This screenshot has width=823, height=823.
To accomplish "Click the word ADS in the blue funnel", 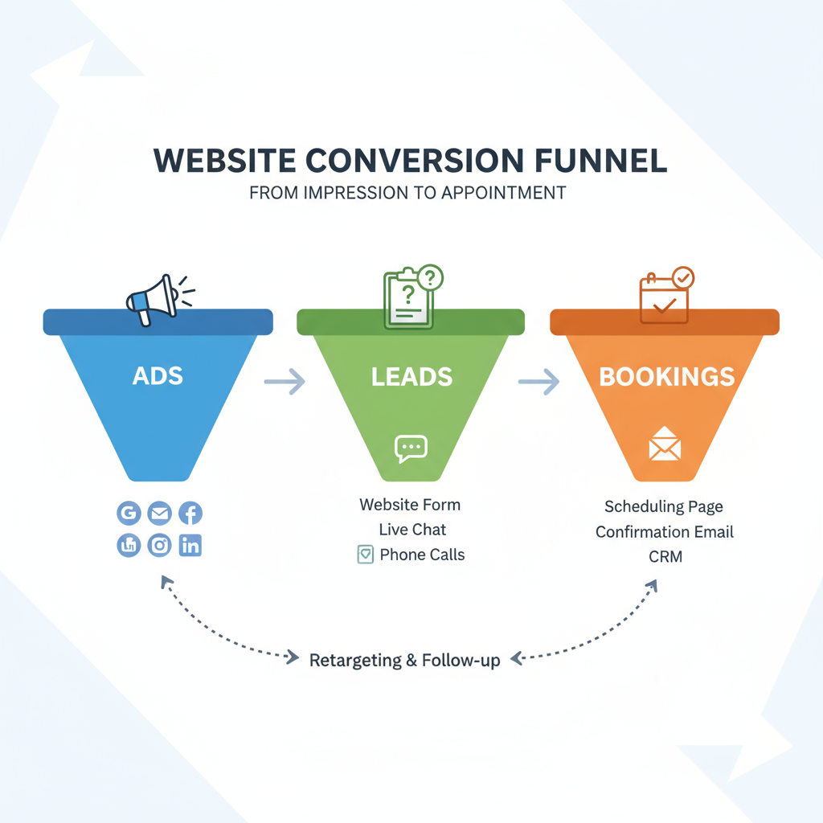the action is tap(158, 376).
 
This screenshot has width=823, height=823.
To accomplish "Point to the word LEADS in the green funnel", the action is tap(412, 377).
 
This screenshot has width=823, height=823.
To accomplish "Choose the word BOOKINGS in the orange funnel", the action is tap(666, 377).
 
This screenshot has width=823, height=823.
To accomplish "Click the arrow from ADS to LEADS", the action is tap(285, 382).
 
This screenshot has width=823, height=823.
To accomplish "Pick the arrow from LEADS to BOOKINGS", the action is tap(539, 382).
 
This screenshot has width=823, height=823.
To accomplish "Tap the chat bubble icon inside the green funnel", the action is tap(411, 448).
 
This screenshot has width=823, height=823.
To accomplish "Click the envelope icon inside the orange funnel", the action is tap(665, 444).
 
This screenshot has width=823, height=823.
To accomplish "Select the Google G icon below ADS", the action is tap(129, 514).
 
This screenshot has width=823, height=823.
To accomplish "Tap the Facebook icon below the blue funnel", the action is tap(190, 514).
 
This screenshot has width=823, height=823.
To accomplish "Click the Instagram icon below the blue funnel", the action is tap(160, 546).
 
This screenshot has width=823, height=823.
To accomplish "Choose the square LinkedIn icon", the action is tap(190, 546).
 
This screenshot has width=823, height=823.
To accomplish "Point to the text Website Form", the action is tap(410, 505).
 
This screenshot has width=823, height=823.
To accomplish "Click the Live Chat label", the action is tap(412, 530).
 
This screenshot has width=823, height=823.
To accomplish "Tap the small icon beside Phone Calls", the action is tap(366, 555).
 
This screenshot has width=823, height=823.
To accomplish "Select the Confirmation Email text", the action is tap(665, 532).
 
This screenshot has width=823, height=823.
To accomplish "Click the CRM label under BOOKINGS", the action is tap(665, 556).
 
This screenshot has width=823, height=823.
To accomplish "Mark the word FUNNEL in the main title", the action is tap(601, 161).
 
